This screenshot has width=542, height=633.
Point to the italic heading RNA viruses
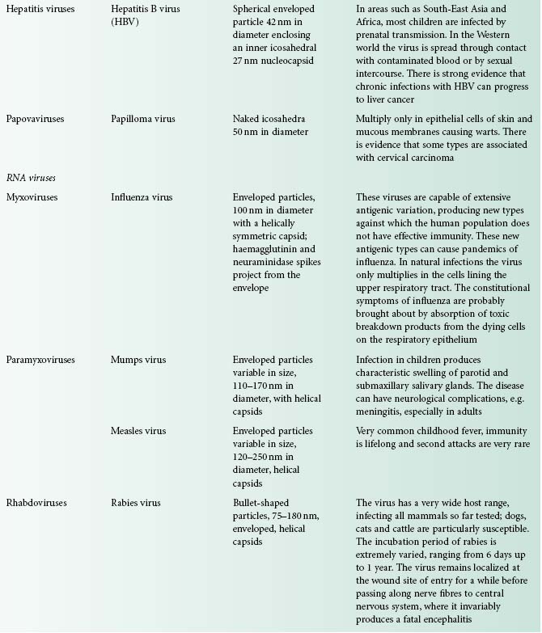(30, 177)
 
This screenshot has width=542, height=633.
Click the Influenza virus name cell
(142, 197)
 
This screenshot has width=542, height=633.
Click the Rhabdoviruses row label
(39, 503)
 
